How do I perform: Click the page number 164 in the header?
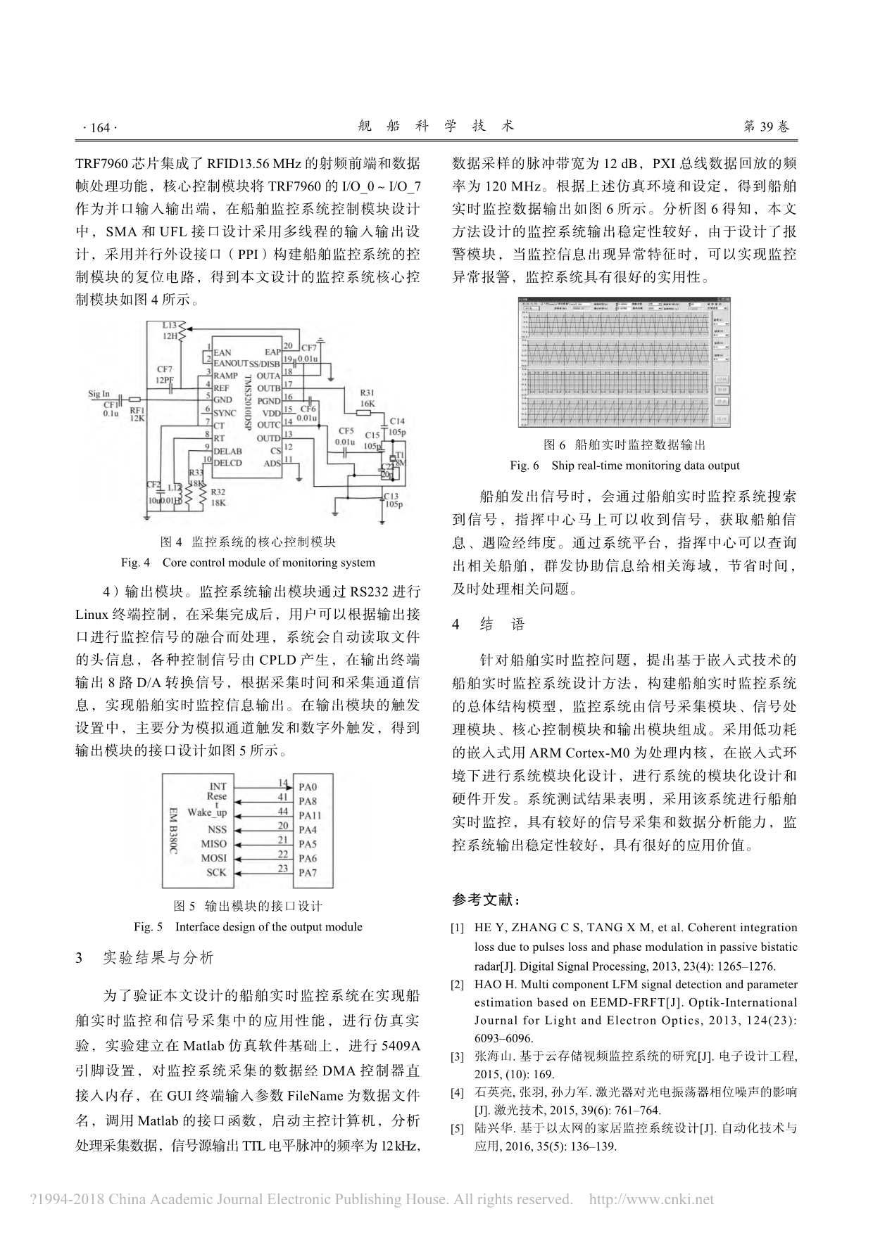(x=99, y=127)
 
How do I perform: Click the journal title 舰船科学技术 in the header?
(x=436, y=126)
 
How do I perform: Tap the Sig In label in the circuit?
(x=99, y=394)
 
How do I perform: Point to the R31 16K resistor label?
(x=367, y=398)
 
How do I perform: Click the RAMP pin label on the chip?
(x=225, y=376)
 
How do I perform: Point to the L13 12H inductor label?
(x=170, y=331)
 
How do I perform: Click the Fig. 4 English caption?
(x=248, y=563)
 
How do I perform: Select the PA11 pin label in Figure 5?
(x=310, y=815)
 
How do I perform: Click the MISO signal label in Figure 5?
(x=214, y=843)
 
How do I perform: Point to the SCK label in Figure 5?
(x=216, y=872)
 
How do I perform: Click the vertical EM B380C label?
(x=173, y=830)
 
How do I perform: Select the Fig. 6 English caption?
(x=624, y=466)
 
